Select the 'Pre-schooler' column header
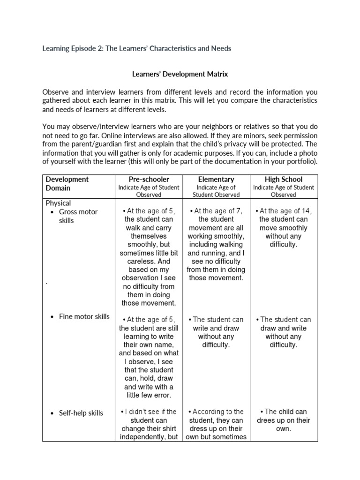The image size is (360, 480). pyautogui.click(x=149, y=179)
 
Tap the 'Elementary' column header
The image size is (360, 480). pyautogui.click(x=216, y=179)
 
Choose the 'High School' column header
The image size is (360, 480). pyautogui.click(x=284, y=179)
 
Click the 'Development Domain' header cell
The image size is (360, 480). pyautogui.click(x=67, y=183)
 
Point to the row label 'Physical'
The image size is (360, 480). pyautogui.click(x=58, y=203)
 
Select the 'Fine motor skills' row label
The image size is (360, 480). pyautogui.click(x=84, y=316)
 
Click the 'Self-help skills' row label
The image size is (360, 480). pyautogui.click(x=81, y=413)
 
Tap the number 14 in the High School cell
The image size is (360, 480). pyautogui.click(x=307, y=211)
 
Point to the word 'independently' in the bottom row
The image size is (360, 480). pyautogui.click(x=142, y=437)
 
